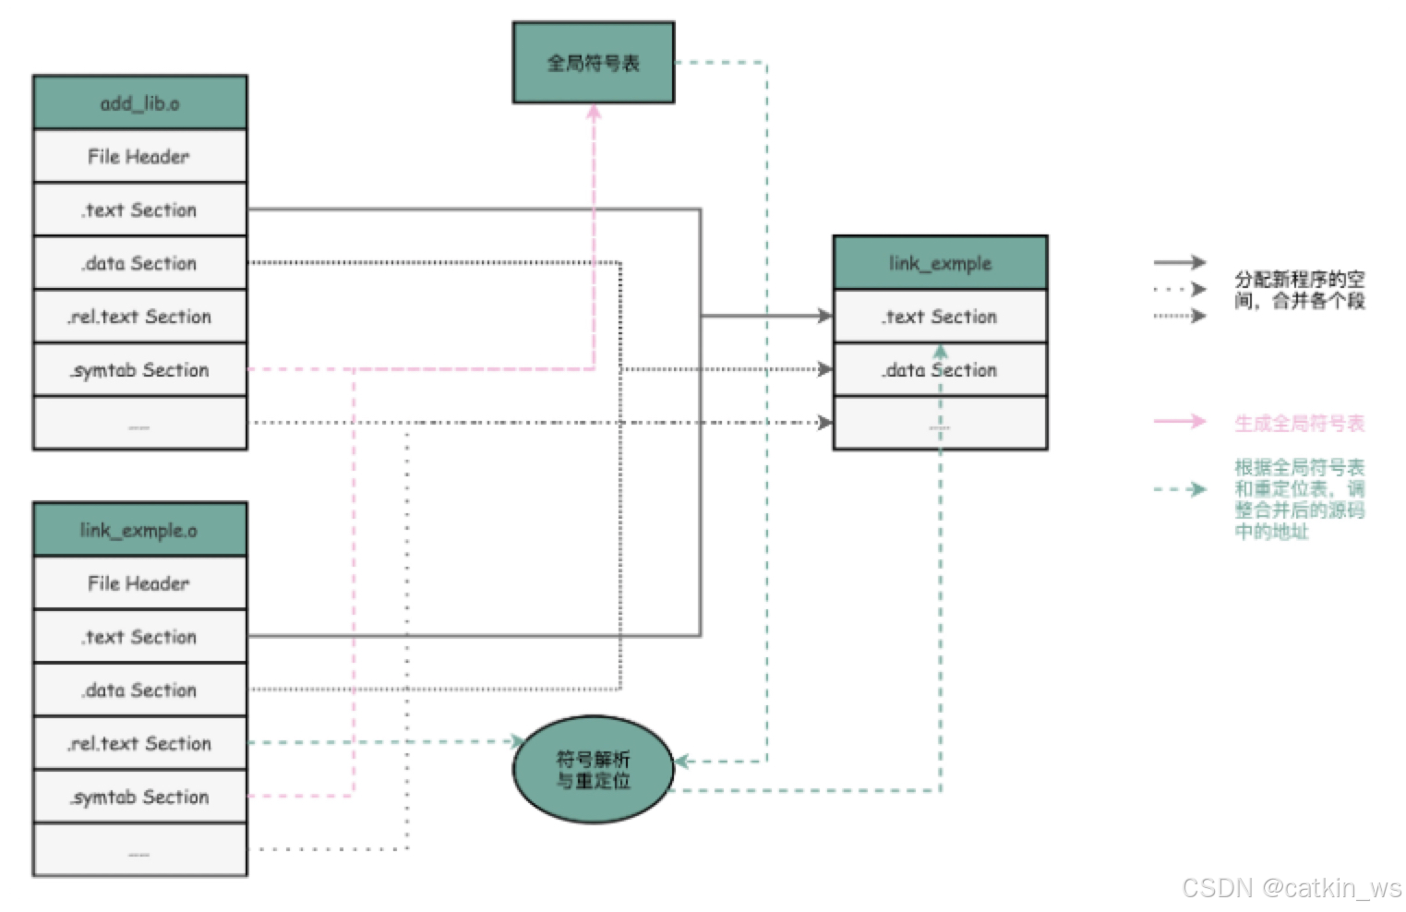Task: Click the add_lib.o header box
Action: (139, 102)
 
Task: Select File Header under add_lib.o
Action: (139, 156)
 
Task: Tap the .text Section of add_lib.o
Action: (139, 210)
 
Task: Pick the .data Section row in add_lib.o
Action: (139, 263)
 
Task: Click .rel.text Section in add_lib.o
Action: (139, 317)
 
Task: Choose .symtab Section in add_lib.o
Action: (139, 370)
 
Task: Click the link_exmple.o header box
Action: (139, 530)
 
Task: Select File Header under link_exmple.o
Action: (139, 583)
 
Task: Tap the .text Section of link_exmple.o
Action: (139, 637)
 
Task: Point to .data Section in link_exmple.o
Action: (139, 690)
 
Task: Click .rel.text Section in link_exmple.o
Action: (139, 744)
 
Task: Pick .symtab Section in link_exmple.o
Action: (139, 797)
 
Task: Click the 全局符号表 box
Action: (593, 63)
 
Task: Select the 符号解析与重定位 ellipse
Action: (593, 770)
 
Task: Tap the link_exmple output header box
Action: (940, 263)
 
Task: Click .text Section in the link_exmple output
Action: (940, 317)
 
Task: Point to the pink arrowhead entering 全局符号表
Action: (594, 112)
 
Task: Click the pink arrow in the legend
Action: (1180, 422)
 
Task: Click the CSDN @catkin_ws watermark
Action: (1292, 888)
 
